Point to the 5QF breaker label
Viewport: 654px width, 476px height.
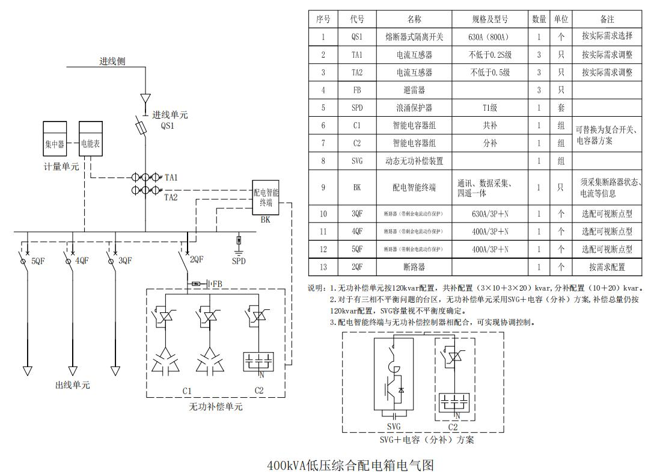tap(38, 261)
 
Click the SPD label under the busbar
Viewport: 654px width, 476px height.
tap(239, 261)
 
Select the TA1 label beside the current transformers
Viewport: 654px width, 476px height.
tap(171, 178)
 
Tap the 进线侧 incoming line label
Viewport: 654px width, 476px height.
tap(112, 61)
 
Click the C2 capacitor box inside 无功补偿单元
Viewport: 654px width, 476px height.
tap(258, 363)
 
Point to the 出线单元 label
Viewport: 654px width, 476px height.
tap(73, 385)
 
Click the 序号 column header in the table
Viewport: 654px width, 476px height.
tap(323, 19)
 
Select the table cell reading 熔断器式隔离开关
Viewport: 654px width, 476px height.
tap(414, 37)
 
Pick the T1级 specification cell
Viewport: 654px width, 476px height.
tap(490, 108)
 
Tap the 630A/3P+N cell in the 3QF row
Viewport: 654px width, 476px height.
tap(490, 214)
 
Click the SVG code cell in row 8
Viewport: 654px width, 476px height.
tap(357, 161)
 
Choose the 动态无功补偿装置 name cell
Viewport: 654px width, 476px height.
tap(414, 161)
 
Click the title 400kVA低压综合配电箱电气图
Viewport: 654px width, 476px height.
tap(350, 465)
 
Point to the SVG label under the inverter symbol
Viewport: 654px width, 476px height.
tap(394, 427)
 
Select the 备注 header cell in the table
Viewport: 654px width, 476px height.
tap(607, 19)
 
